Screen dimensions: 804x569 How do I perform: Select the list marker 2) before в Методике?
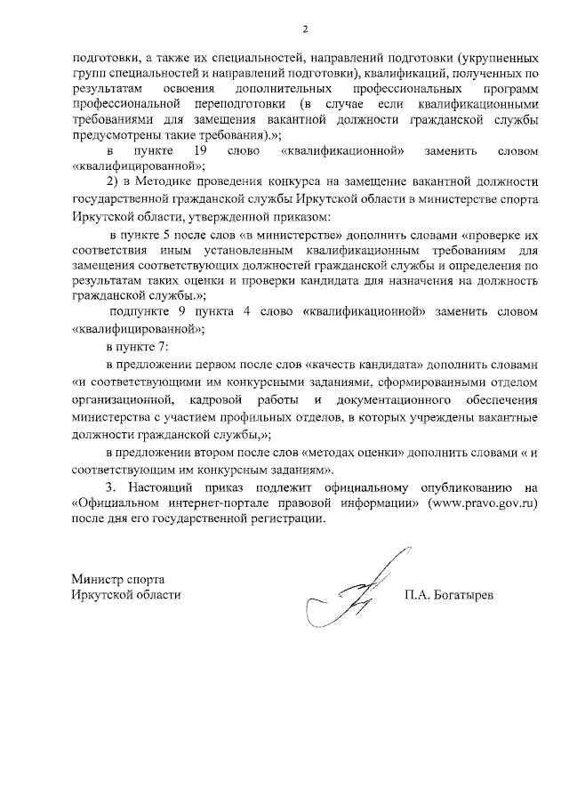112,182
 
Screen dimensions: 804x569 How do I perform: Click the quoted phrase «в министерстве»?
292,236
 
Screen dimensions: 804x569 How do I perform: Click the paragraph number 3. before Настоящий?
109,486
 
